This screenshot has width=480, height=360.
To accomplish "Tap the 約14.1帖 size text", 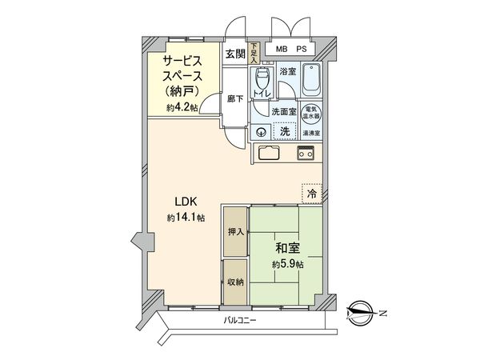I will click(186, 218).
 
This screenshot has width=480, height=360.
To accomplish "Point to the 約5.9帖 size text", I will click(287, 265).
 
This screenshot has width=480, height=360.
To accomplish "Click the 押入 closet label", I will click(234, 231).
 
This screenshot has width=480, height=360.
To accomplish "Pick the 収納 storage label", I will click(234, 281).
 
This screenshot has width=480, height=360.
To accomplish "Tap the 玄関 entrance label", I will click(234, 54).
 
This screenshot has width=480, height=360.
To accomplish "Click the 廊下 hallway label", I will click(233, 100).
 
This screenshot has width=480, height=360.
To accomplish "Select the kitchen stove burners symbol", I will click(306, 153).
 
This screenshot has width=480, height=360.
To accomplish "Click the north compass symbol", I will click(360, 312).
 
